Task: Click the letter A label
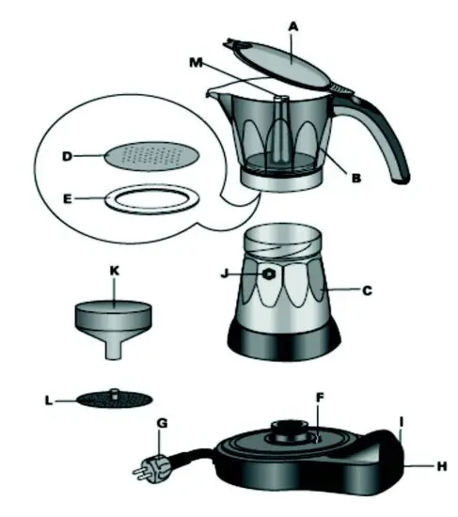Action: click(x=293, y=29)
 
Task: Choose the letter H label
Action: click(x=441, y=466)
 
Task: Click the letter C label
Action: click(x=368, y=291)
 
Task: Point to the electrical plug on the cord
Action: click(x=151, y=464)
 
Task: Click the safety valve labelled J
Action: click(x=271, y=274)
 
